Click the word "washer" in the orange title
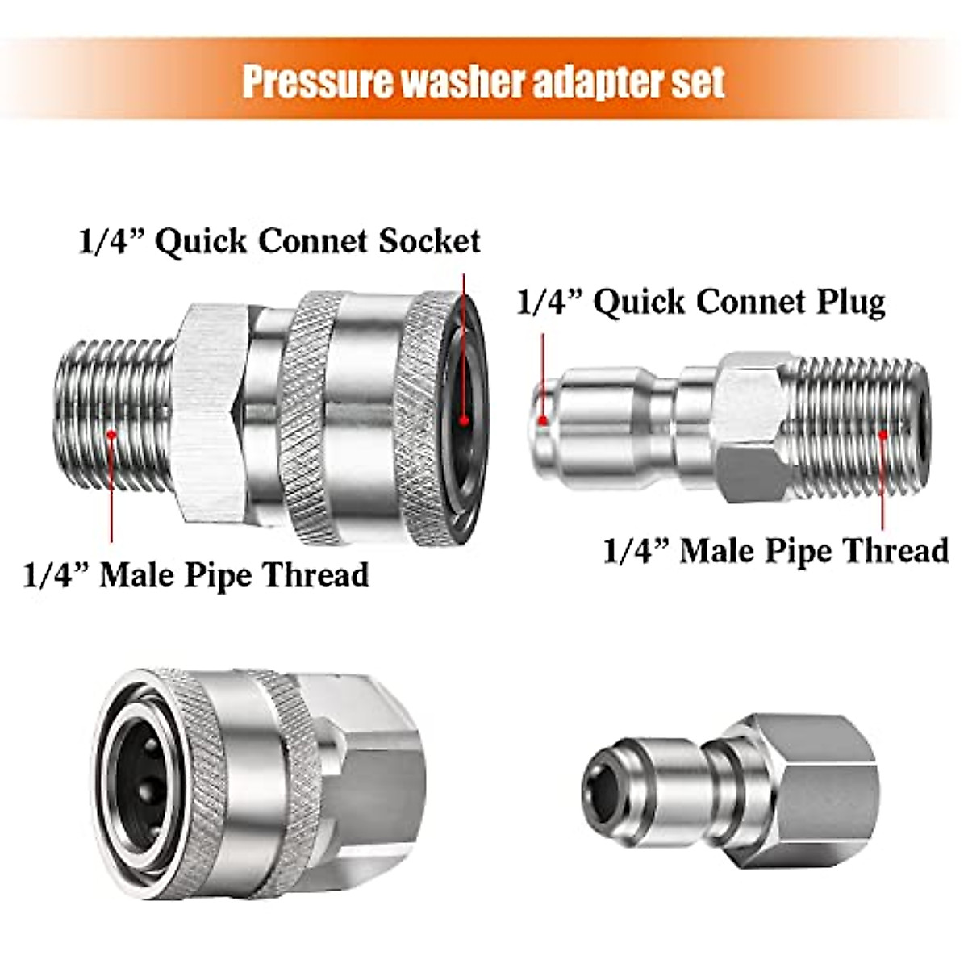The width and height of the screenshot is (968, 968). click(x=428, y=81)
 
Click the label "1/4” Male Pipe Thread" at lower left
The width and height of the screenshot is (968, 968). click(x=196, y=576)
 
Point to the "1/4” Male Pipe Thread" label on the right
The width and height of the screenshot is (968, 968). click(x=775, y=551)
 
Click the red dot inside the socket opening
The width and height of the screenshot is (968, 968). click(x=464, y=419)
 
